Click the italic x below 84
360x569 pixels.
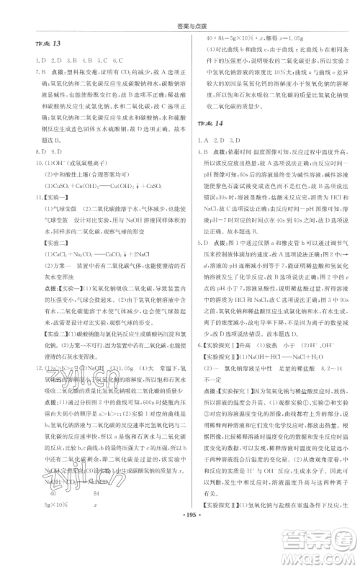point(95,524)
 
